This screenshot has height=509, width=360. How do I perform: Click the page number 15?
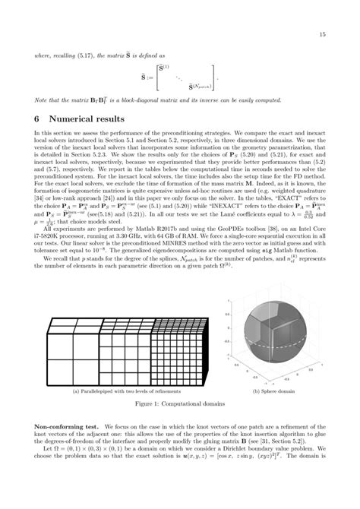[x=323, y=34]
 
